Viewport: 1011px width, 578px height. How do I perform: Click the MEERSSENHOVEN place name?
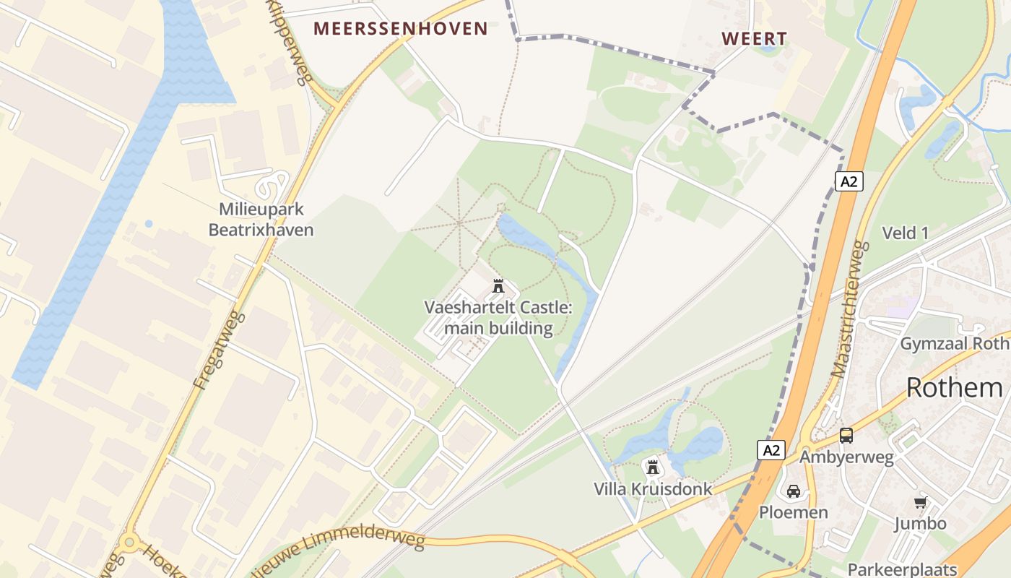[401, 29]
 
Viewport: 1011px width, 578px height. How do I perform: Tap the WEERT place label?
[754, 39]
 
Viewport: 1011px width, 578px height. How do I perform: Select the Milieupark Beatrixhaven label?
[261, 220]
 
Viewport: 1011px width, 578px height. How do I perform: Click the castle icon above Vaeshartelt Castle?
[498, 286]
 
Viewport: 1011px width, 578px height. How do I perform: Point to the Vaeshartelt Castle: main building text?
[498, 318]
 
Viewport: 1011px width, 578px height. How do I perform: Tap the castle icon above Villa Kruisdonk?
[653, 467]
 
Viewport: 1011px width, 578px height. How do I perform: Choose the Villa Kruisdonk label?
[653, 489]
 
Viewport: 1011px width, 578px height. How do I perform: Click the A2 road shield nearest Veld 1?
[849, 181]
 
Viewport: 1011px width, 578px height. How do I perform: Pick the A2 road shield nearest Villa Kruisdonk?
[771, 450]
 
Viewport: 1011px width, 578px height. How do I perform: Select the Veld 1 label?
[905, 233]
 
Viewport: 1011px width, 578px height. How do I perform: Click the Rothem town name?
[954, 388]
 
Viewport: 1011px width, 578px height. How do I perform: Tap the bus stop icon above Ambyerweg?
[846, 436]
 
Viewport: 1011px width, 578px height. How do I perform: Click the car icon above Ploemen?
[793, 491]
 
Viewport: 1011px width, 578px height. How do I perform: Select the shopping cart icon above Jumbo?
[920, 502]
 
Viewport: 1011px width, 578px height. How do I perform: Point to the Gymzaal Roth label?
[953, 344]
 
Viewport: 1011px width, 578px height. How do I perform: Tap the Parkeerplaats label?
[902, 569]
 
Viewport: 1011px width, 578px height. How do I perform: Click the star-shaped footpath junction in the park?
[459, 223]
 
